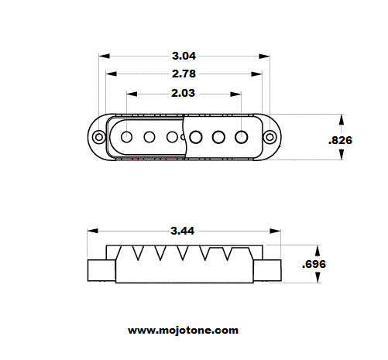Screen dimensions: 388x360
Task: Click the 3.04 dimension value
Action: pos(184,56)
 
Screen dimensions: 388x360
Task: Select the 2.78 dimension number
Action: pos(184,74)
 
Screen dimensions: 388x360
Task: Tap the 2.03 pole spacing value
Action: pos(183,93)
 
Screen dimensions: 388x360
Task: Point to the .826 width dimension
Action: pos(340,140)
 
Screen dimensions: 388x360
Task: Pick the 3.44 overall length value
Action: pos(182,231)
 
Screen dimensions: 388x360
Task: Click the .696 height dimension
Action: pos(314,264)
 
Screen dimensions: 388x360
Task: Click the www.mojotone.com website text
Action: pos(183,331)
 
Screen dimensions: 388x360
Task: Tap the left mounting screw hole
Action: pos(99,136)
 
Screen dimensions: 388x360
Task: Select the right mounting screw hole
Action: pos(270,137)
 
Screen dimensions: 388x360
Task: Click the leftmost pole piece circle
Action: pos(126,137)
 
